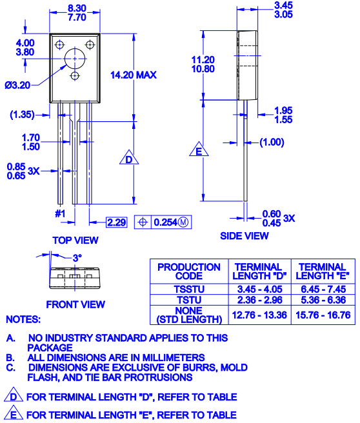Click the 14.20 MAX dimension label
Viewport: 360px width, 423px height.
point(134,75)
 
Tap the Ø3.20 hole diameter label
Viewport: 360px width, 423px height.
point(17,84)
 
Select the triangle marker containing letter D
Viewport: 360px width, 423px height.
point(129,159)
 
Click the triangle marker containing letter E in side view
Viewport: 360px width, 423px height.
point(199,152)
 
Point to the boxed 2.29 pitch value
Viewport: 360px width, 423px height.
point(117,222)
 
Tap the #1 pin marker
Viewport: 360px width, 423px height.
point(60,213)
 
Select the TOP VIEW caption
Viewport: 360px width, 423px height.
point(75,241)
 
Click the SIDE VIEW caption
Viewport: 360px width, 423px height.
point(245,236)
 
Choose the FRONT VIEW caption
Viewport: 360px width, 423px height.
point(75,304)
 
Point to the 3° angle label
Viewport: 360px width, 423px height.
point(77,257)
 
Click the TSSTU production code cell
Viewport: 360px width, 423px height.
point(189,290)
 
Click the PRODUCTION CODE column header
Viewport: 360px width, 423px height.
point(189,271)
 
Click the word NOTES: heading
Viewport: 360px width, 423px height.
point(23,319)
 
